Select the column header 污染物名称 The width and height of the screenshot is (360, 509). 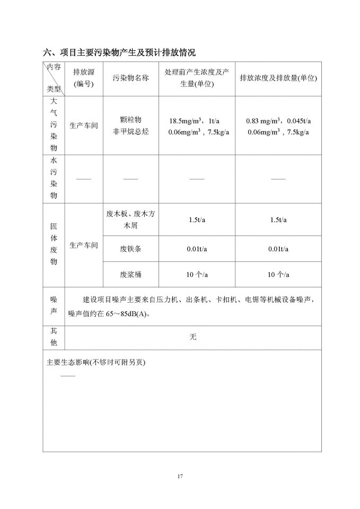tap(130, 78)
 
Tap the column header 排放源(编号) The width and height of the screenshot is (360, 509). tap(83, 78)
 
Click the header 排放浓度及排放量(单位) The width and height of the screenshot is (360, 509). tap(278, 78)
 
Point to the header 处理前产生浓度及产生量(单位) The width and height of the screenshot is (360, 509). tap(196, 78)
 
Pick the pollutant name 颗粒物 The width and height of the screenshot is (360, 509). tap(131, 120)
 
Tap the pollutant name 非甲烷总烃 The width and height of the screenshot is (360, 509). tap(131, 131)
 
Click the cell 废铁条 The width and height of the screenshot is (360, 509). tap(131, 249)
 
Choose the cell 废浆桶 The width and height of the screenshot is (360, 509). tap(131, 275)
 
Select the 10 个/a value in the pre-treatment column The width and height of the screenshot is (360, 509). tap(197, 275)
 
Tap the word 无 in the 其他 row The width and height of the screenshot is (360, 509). tap(193, 337)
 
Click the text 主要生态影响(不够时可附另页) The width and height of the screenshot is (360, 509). tap(96, 363)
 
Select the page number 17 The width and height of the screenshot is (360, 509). tap(180, 476)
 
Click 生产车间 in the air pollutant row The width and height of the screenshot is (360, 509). tap(84, 126)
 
